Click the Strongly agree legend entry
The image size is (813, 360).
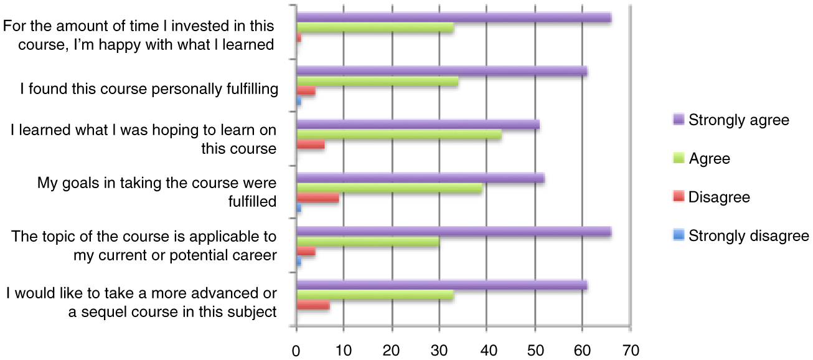(x=738, y=120)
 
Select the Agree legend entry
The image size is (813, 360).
(x=709, y=159)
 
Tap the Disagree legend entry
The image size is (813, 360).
(x=719, y=197)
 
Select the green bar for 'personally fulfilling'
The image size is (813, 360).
(x=377, y=82)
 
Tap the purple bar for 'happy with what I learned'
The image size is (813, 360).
(x=454, y=18)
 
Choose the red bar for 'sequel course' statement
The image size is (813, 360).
(x=313, y=306)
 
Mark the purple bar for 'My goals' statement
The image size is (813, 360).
(x=420, y=179)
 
